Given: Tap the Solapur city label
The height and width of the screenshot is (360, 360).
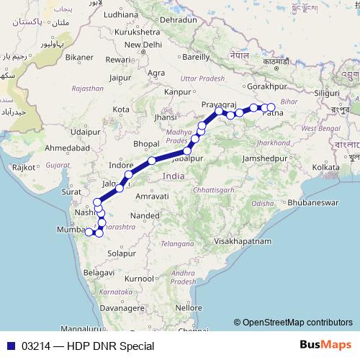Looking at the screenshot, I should click(122, 254).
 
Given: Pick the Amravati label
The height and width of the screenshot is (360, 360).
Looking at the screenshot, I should click(151, 196).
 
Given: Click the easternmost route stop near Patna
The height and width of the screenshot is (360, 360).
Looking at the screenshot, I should click(271, 108).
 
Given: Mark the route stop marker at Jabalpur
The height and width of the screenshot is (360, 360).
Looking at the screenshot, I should click(188, 150).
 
